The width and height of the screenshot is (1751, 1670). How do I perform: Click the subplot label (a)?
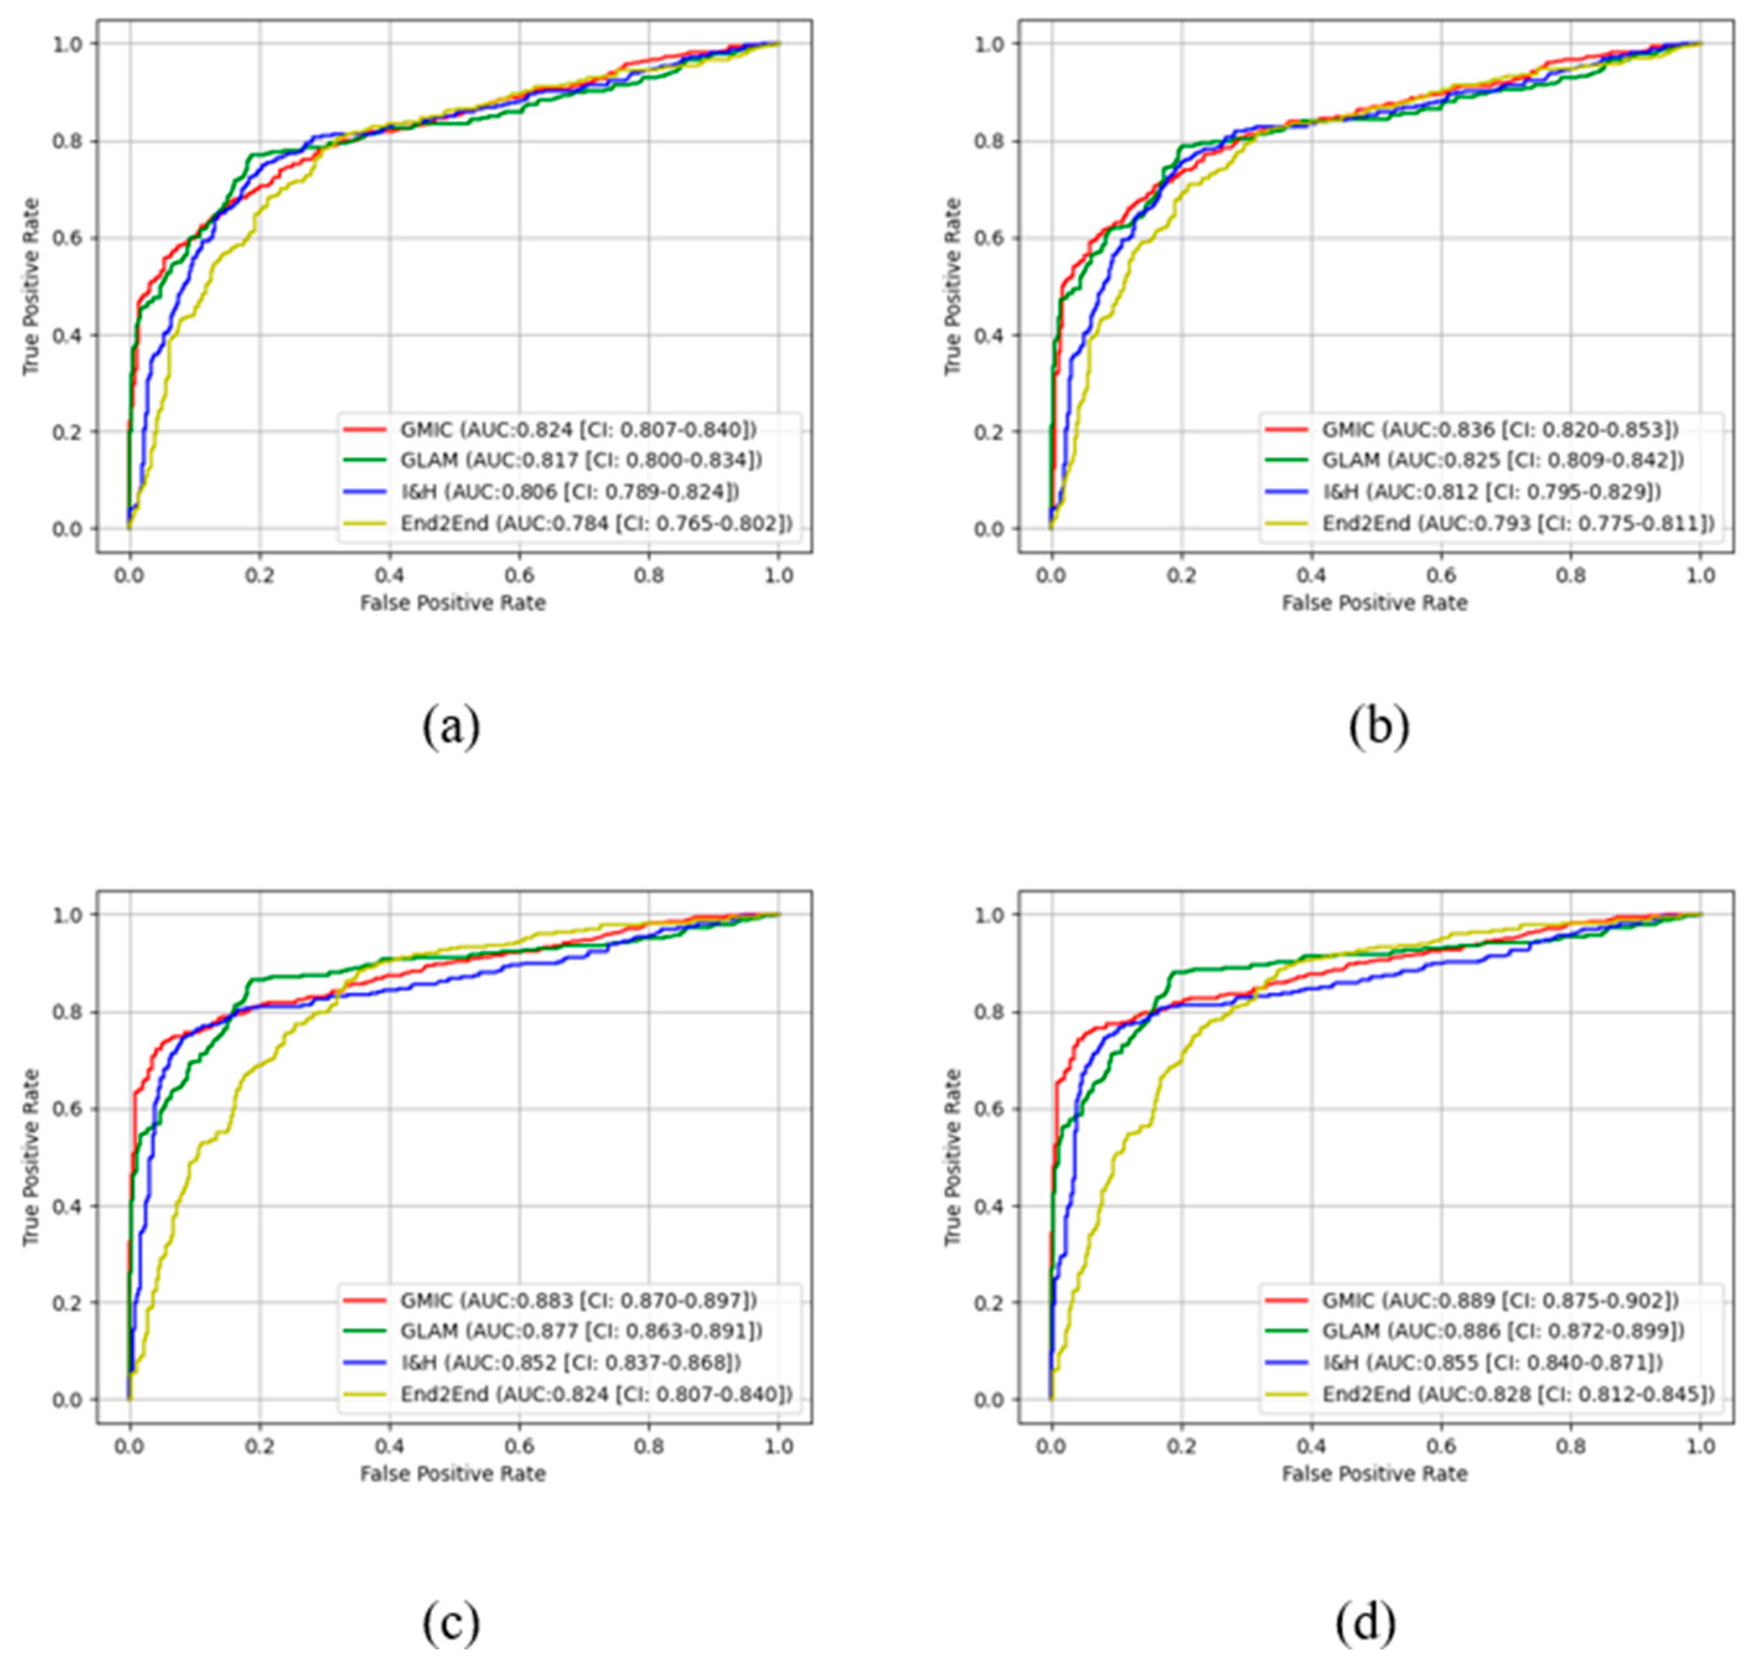click(x=450, y=726)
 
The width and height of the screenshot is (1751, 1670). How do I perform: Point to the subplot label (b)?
click(x=1378, y=726)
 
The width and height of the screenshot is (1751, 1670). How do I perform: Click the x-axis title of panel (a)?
click(x=452, y=604)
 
